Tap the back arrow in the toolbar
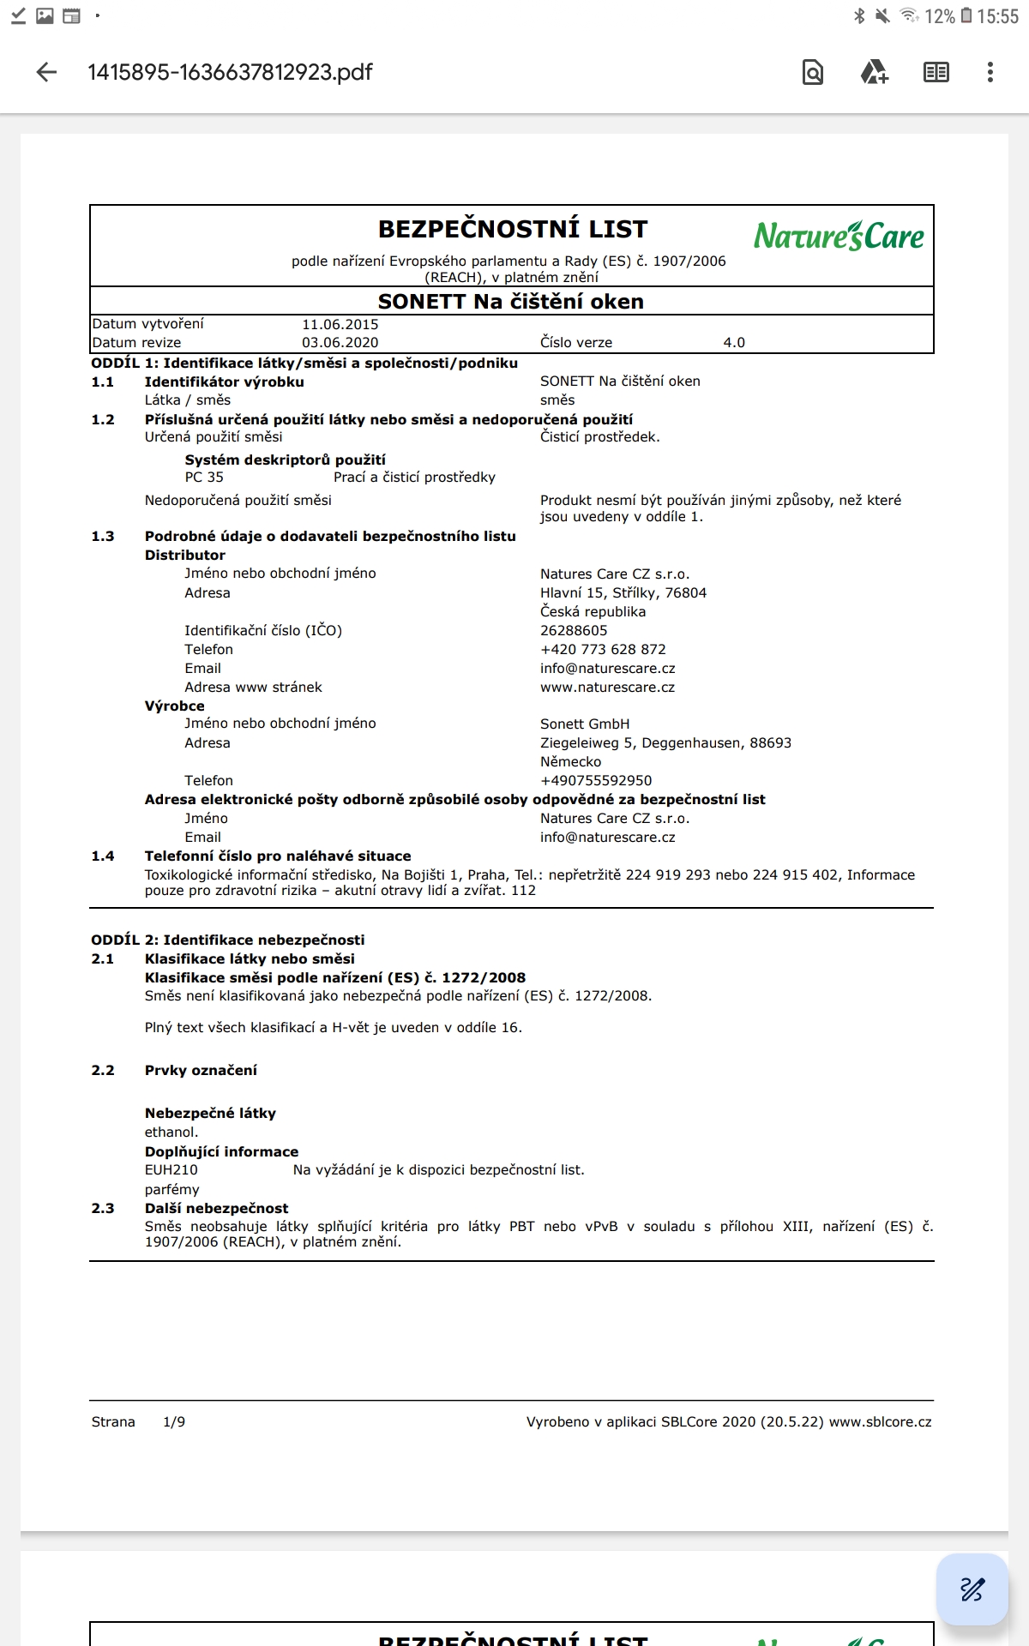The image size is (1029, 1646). click(47, 72)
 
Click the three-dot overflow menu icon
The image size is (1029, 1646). click(990, 72)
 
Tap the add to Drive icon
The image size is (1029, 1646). click(874, 72)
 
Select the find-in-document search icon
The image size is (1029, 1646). click(812, 72)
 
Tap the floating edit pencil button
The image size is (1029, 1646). click(972, 1589)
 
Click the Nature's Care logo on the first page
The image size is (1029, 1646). click(839, 236)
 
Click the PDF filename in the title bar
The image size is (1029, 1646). click(230, 72)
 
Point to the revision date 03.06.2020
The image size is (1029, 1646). click(340, 343)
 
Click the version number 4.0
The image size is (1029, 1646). click(734, 343)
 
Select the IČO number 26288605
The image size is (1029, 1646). click(574, 631)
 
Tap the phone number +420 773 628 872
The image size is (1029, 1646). click(603, 650)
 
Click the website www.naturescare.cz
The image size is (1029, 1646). click(607, 688)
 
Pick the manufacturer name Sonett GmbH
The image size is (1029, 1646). click(585, 724)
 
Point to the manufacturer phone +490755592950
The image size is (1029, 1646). click(596, 781)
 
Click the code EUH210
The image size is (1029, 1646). click(171, 1170)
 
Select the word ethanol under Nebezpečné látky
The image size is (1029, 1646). click(171, 1132)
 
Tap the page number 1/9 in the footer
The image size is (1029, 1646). click(174, 1422)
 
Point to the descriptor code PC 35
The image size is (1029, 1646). click(204, 478)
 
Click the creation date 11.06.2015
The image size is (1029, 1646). click(340, 325)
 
